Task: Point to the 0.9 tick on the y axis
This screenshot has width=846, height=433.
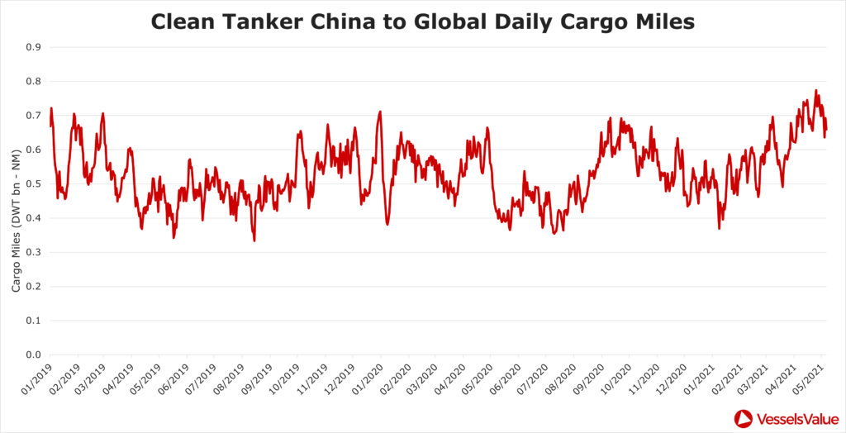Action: tap(34, 47)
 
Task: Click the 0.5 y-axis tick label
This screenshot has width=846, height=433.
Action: tap(34, 184)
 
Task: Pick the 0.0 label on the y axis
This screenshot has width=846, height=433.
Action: tap(34, 355)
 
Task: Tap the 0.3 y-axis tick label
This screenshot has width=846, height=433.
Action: tap(34, 253)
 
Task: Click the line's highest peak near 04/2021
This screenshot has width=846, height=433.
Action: tap(815, 90)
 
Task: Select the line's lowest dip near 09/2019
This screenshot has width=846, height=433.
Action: tap(254, 240)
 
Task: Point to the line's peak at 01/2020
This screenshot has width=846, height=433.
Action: tap(380, 112)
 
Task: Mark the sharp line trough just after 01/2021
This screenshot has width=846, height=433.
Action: tap(720, 228)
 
